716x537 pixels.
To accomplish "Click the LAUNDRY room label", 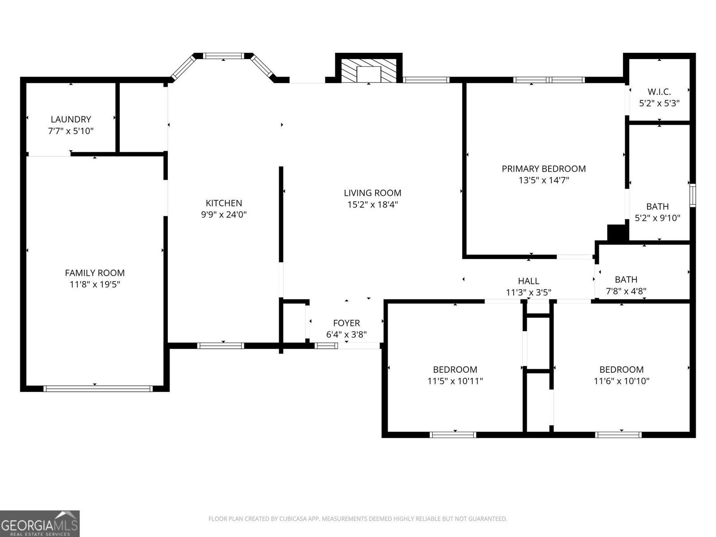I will tap(71, 119).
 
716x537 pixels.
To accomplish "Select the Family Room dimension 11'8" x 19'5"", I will tap(94, 285).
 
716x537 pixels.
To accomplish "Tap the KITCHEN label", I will tap(224, 203).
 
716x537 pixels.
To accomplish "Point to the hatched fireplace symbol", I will tap(369, 70).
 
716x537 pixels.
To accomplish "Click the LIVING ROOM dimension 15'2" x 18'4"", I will tap(372, 205).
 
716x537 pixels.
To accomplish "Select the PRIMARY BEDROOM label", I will tap(543, 169).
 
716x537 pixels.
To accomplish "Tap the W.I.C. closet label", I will tap(659, 92).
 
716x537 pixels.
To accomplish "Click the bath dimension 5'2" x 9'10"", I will tap(657, 218).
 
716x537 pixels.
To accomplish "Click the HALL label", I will tap(528, 281).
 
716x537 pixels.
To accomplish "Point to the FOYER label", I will tap(346, 323).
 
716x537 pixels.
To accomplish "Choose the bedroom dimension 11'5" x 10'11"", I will tap(455, 381).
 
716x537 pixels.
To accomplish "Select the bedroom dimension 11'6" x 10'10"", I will tap(622, 381).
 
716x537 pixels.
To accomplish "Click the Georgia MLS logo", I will tap(40, 523).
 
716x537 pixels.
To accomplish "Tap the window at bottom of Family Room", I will tap(98, 388).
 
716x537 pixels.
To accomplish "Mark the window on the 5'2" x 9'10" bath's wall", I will tap(692, 195).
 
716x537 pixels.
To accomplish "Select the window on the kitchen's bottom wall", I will tap(221, 345).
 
